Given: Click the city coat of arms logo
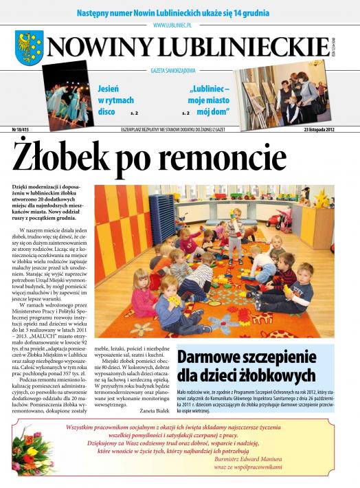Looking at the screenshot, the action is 29,47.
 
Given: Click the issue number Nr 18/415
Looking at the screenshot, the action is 26,129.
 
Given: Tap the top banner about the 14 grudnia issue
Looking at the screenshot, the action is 179,12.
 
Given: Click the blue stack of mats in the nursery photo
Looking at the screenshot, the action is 161,218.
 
